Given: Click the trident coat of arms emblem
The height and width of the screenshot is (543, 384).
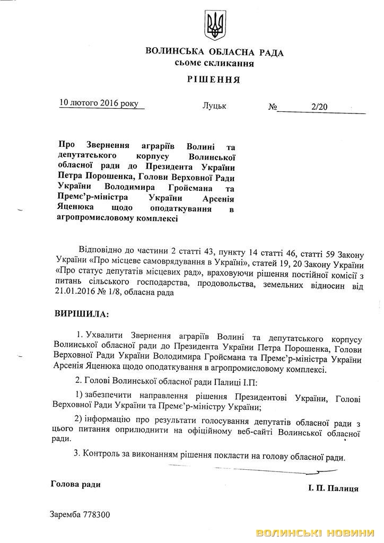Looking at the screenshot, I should click(x=215, y=24).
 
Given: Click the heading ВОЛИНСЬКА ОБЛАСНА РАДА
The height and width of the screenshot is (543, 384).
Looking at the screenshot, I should click(x=214, y=52).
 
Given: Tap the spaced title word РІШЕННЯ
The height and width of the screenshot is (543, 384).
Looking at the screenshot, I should click(x=214, y=80).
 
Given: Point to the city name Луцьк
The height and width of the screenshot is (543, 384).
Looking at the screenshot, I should click(x=214, y=106).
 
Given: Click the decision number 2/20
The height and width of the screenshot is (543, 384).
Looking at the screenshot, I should click(x=320, y=107).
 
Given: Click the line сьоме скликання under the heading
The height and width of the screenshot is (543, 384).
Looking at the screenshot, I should click(x=214, y=63).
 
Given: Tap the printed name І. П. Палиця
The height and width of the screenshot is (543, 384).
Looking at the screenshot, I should click(x=333, y=488).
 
